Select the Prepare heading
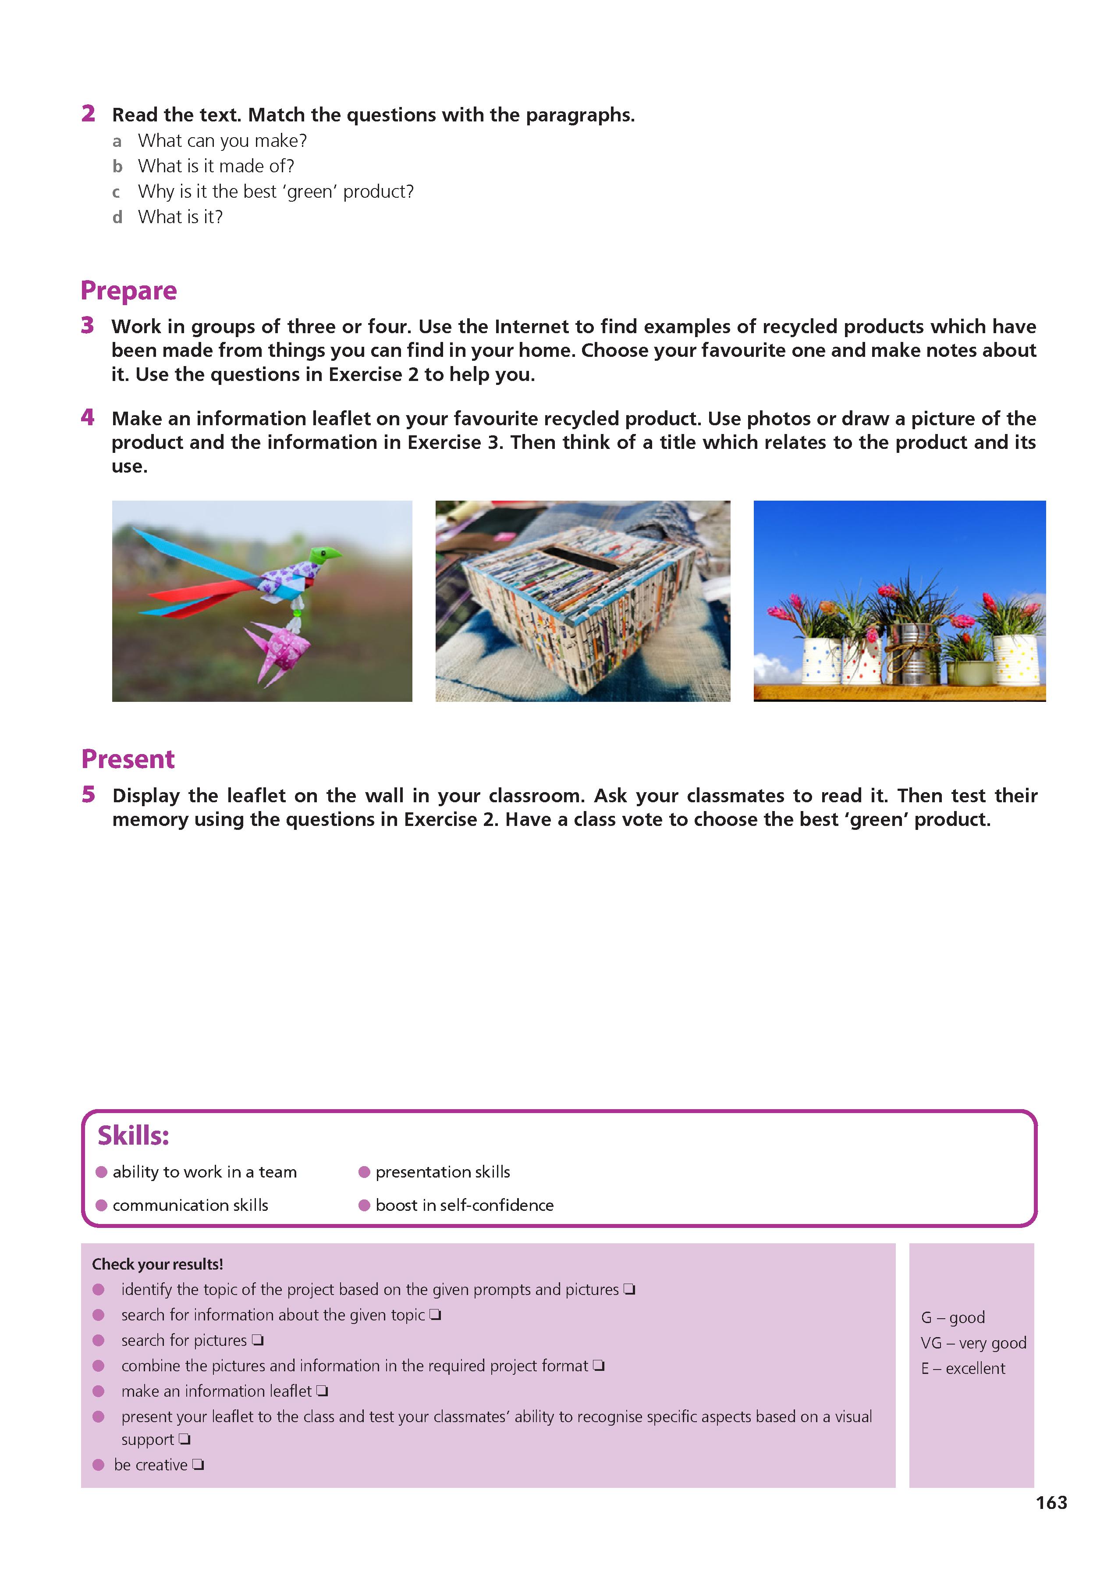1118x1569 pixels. coord(129,291)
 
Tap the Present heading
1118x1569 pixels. coord(128,759)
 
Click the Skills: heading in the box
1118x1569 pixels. coord(133,1135)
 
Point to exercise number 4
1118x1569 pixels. coord(87,417)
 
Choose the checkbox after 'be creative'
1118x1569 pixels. coord(198,1464)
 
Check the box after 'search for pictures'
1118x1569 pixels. coord(257,1340)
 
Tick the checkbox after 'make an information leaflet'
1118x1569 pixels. coord(322,1391)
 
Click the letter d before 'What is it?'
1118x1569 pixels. coord(118,217)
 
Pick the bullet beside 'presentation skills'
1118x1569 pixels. coord(364,1172)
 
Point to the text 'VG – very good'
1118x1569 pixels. coord(973,1342)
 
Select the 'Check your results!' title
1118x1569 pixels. coord(158,1264)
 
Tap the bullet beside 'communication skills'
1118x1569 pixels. coord(101,1205)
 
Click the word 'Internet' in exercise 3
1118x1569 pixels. coord(532,326)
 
